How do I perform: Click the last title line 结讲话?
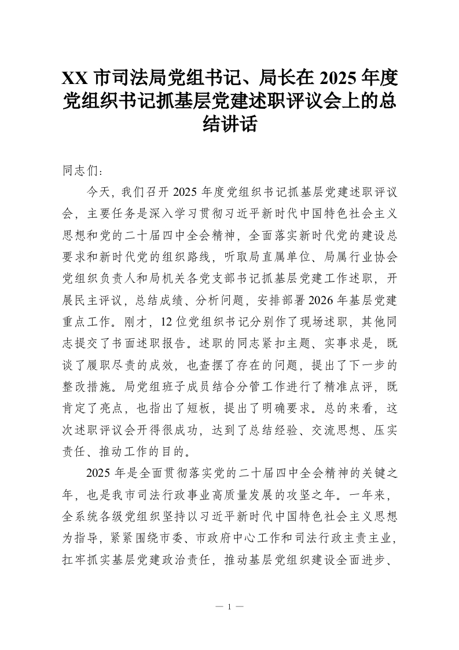(229, 124)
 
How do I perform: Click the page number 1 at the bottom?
(230, 607)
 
